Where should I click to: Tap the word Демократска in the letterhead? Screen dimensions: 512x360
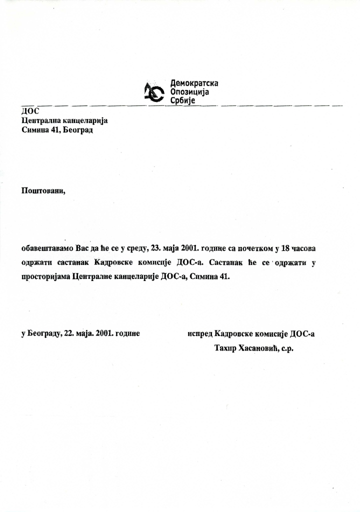194,83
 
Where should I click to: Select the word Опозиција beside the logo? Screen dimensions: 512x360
189,92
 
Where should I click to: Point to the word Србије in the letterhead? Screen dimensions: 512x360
183,101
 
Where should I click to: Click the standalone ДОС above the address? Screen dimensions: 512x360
30,111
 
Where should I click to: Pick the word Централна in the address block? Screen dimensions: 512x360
42,120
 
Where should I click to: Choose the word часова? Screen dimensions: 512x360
306,248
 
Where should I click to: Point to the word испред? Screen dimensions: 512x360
200,333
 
